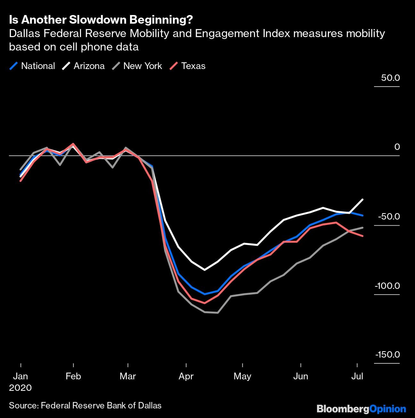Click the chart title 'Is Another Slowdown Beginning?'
(x=101, y=20)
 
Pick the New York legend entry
(x=137, y=66)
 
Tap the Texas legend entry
(x=188, y=66)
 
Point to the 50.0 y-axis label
(x=390, y=78)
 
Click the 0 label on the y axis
(x=397, y=147)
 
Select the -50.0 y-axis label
(x=389, y=216)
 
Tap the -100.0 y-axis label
(x=387, y=285)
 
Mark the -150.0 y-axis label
(x=387, y=354)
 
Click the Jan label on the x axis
(x=20, y=376)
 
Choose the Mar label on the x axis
(x=128, y=376)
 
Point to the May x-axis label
(x=242, y=376)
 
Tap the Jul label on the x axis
(x=357, y=376)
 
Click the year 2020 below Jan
(x=20, y=388)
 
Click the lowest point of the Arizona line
(x=205, y=270)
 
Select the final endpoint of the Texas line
(x=362, y=236)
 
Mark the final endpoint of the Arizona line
(x=362, y=199)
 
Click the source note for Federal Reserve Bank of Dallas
(x=85, y=406)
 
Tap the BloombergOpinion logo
(x=361, y=409)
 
